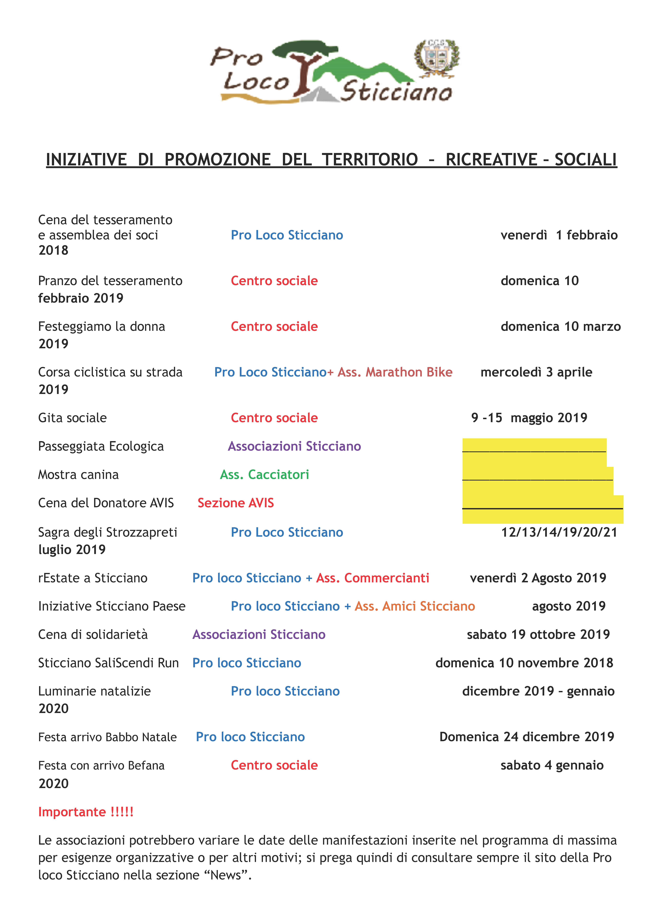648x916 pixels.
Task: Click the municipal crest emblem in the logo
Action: pos(437,58)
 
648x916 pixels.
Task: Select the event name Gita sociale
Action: pos(72,418)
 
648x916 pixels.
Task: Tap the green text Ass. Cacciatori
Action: pos(264,474)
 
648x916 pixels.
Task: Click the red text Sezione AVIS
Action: pos(236,503)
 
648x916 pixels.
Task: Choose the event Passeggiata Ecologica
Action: pos(101,446)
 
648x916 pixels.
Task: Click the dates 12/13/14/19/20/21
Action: pos(559,532)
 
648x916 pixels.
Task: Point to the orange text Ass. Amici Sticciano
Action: pos(415,606)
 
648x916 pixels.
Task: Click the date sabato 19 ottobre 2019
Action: pos(538,634)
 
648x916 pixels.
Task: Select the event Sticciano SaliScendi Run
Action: pos(108,663)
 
